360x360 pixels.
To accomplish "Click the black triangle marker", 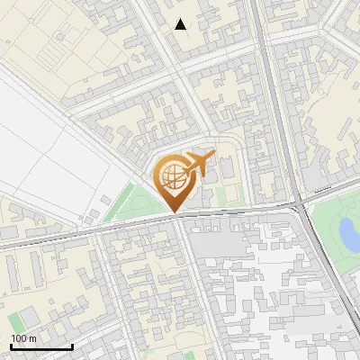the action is (181, 24).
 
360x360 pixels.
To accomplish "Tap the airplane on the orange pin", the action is (199, 163).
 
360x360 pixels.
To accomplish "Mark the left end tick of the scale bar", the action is (10, 346).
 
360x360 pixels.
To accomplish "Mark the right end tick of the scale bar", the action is (72, 346).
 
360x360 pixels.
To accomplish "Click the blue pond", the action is (346, 233).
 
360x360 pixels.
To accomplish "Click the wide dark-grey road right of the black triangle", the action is (266, 54).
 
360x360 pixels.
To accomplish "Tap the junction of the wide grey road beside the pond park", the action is (300, 205).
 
